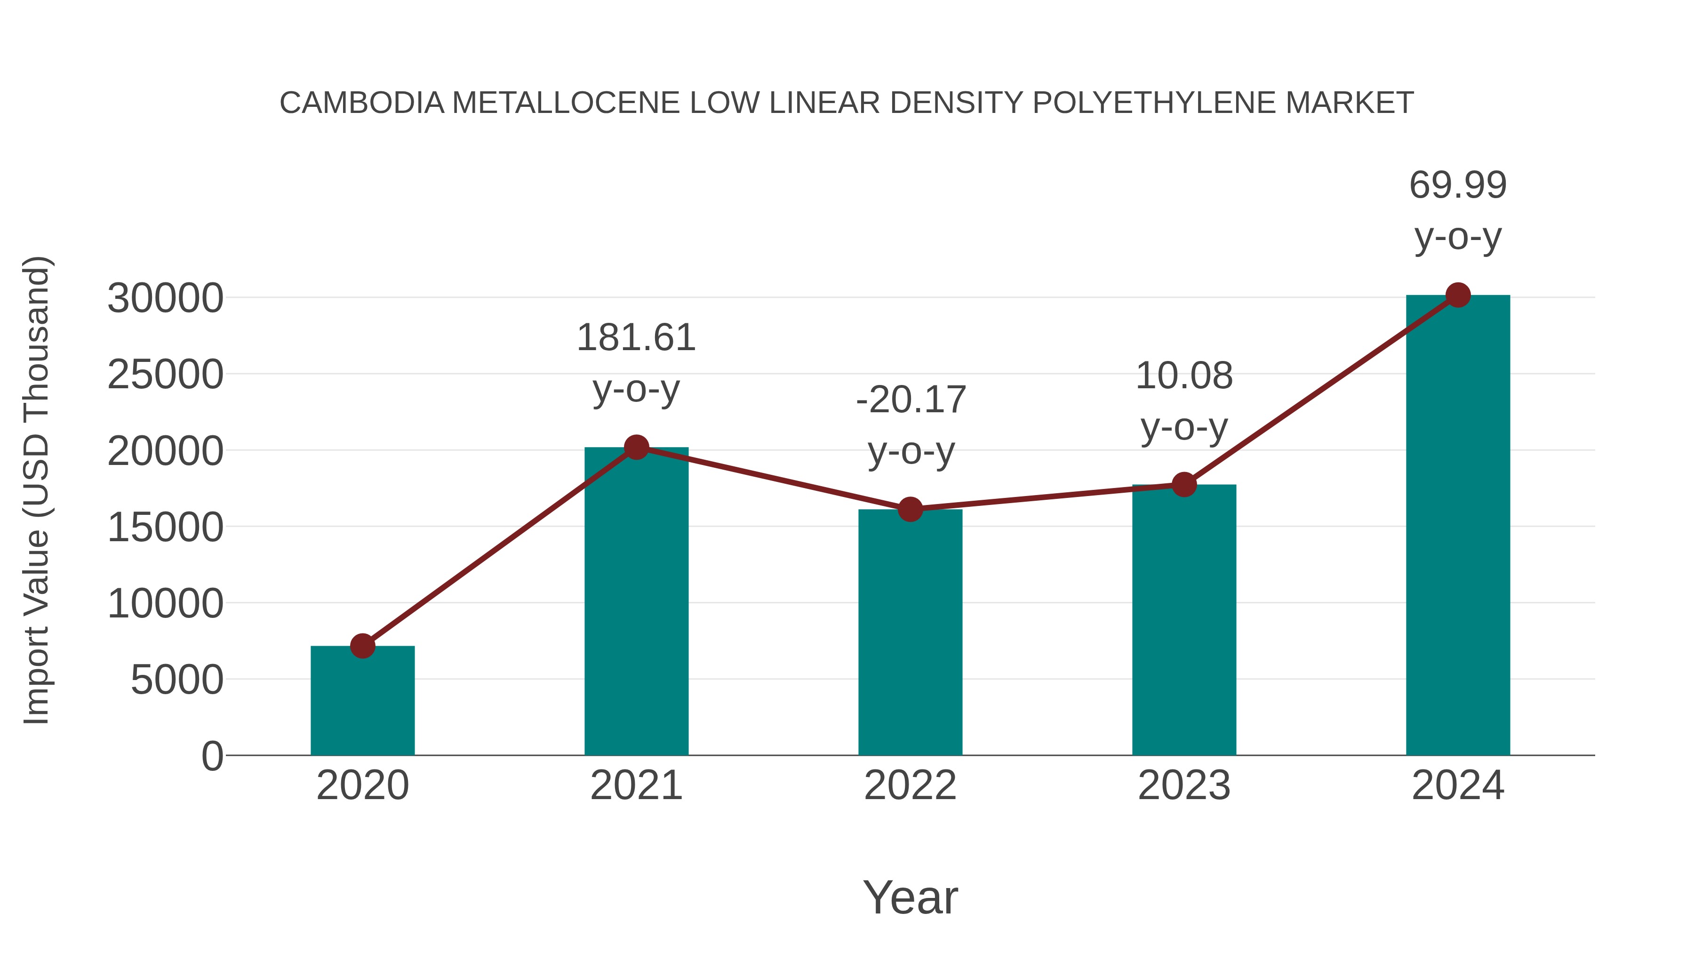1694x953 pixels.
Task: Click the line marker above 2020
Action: [362, 646]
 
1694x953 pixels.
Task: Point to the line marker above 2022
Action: [910, 509]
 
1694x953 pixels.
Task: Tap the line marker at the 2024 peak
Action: [1458, 295]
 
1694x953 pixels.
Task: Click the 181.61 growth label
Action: [636, 338]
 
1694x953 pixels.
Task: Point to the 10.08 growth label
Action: [1184, 376]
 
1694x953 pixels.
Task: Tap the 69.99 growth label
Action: [1458, 185]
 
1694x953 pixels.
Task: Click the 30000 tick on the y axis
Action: [165, 298]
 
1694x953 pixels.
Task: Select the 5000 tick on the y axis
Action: [177, 680]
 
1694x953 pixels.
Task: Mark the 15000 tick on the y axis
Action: [165, 528]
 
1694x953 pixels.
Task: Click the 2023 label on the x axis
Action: [1184, 785]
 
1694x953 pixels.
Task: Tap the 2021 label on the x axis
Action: [636, 785]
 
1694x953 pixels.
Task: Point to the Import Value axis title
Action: [36, 490]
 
